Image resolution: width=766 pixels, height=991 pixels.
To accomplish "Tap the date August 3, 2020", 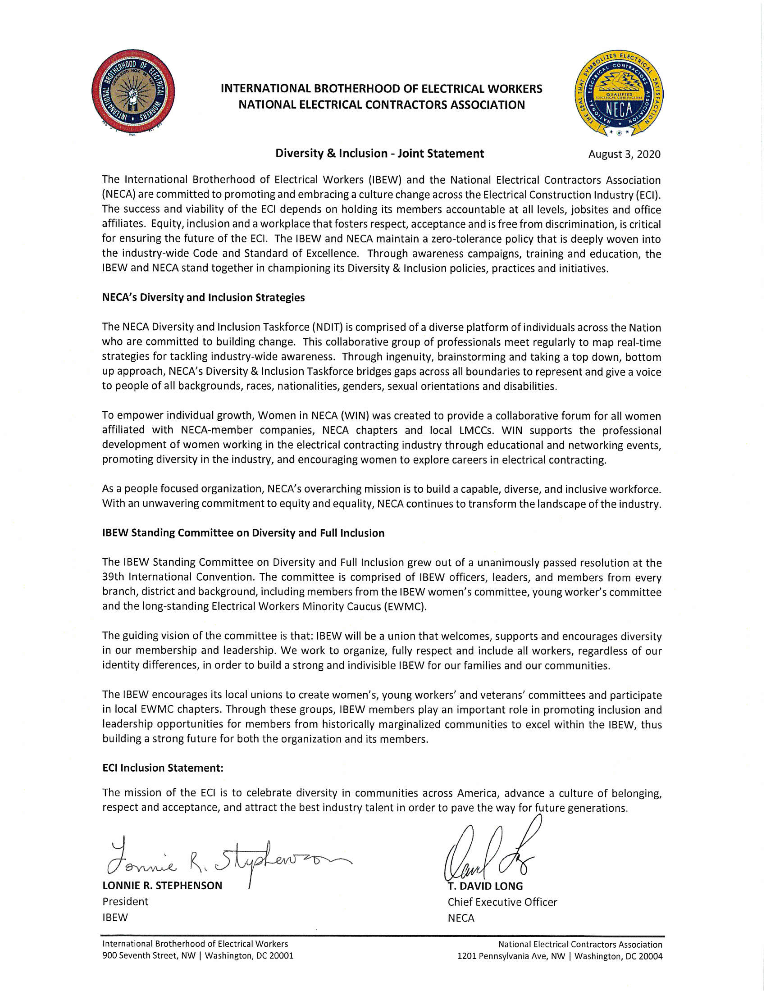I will pyautogui.click(x=624, y=154).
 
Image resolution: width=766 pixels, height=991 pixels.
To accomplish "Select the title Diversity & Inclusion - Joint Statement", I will pyautogui.click(x=379, y=153).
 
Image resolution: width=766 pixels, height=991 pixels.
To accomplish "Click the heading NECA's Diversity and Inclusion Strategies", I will pyautogui.click(x=203, y=298).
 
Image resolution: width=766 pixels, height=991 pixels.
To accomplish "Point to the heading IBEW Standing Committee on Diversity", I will pyautogui.click(x=243, y=533).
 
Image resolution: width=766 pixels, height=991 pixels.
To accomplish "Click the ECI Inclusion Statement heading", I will pyautogui.click(x=163, y=768).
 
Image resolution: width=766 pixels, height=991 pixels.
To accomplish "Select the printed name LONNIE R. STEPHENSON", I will pyautogui.click(x=162, y=885).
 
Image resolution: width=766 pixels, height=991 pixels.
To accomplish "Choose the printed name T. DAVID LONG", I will pyautogui.click(x=485, y=886).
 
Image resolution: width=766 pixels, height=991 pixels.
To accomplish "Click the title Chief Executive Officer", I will pyautogui.click(x=502, y=902).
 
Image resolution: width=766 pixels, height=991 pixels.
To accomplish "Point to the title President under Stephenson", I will pyautogui.click(x=125, y=901).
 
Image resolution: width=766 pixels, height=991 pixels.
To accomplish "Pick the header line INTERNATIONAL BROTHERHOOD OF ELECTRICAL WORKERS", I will pyautogui.click(x=381, y=88).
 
